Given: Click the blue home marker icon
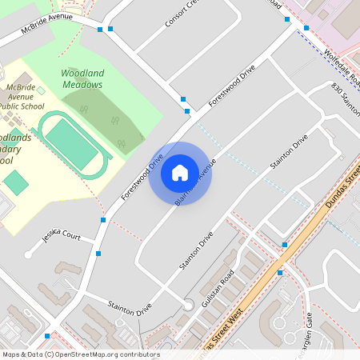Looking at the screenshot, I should (180, 173).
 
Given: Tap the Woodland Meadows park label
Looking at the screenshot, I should (82, 78).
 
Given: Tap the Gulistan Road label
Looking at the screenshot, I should (216, 290).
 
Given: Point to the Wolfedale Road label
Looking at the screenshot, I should (344, 69).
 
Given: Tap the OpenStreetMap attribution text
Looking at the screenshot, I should (80, 354).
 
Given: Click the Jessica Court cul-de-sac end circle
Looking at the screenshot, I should (29, 254).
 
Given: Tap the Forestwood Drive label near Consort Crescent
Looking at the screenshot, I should (231, 86).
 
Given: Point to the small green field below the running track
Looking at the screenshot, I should (15, 182).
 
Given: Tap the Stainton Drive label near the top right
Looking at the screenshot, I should (289, 152).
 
